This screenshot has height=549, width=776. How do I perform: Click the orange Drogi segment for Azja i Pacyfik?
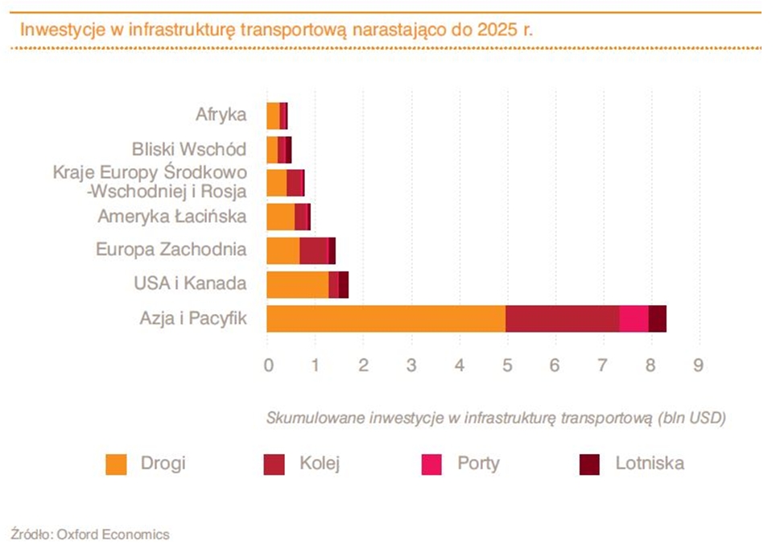point(386,319)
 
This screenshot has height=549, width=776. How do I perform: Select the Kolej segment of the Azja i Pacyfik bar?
point(562,319)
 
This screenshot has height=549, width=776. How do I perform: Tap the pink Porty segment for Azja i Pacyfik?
point(634,319)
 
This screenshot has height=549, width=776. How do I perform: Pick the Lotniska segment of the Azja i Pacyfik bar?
point(658,319)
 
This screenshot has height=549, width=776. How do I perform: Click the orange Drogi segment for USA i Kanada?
point(297,285)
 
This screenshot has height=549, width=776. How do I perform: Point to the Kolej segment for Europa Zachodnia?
point(313,251)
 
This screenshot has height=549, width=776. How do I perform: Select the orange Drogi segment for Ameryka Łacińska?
point(280,217)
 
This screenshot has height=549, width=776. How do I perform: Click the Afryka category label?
point(220,114)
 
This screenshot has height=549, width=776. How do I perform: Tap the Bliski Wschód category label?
point(189,149)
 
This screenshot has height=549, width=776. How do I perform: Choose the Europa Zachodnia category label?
point(171,250)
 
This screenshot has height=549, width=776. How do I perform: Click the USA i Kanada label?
point(190,283)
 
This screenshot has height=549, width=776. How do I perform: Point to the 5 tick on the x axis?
point(507,365)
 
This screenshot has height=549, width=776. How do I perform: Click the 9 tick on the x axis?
point(698,365)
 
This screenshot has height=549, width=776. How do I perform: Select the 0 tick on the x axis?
point(268,365)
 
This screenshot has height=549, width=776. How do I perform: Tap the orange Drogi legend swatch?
point(117,464)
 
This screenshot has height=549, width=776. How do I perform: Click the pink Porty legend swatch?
point(432,464)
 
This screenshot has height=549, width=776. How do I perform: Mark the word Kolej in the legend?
point(320,463)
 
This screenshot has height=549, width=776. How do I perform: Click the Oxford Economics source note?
point(90,533)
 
